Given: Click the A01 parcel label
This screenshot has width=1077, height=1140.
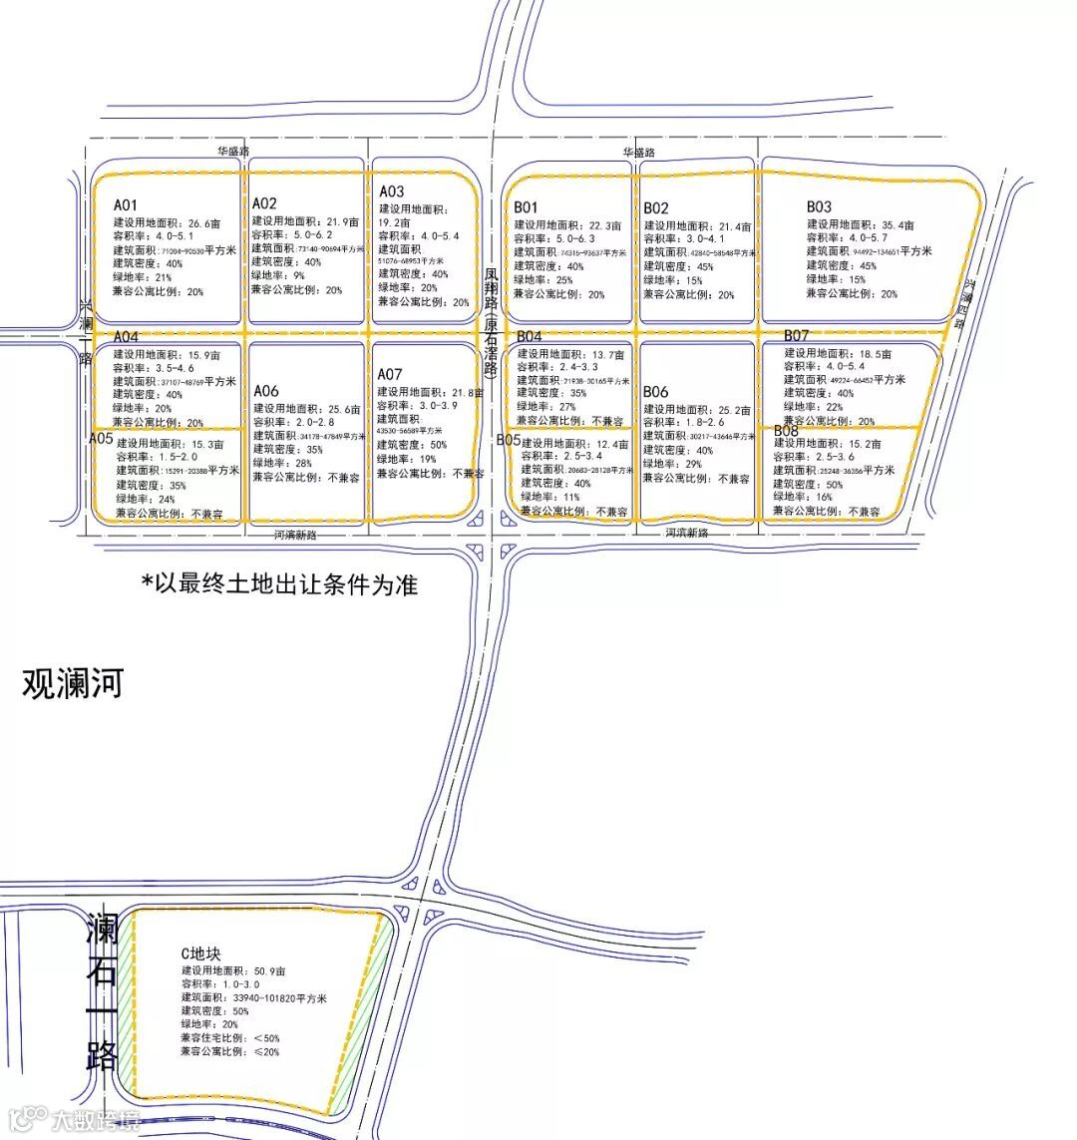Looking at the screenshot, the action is pyautogui.click(x=126, y=205).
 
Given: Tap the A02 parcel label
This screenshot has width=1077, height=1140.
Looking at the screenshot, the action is pyautogui.click(x=264, y=203).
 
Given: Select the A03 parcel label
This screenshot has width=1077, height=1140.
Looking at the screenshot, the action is pyautogui.click(x=391, y=191).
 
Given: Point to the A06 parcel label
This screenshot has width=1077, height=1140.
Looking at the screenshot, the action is pyautogui.click(x=266, y=390).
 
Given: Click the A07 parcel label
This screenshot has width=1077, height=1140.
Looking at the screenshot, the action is pyautogui.click(x=390, y=374).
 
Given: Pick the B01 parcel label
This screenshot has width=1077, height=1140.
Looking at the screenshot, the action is pyautogui.click(x=528, y=207).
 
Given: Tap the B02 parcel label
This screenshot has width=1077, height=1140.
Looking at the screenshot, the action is pyautogui.click(x=656, y=207).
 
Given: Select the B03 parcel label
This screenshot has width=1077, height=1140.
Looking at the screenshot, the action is pyautogui.click(x=820, y=206).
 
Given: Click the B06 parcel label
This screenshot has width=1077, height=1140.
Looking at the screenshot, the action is pyautogui.click(x=656, y=392).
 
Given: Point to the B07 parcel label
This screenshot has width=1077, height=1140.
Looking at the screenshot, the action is pyautogui.click(x=796, y=335).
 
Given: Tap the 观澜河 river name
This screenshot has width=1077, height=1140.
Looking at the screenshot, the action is pyautogui.click(x=73, y=685).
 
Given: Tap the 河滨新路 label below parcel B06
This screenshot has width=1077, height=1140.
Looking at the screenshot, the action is pyautogui.click(x=687, y=534).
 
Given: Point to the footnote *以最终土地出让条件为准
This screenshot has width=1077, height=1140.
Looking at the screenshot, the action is pyautogui.click(x=279, y=584).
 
